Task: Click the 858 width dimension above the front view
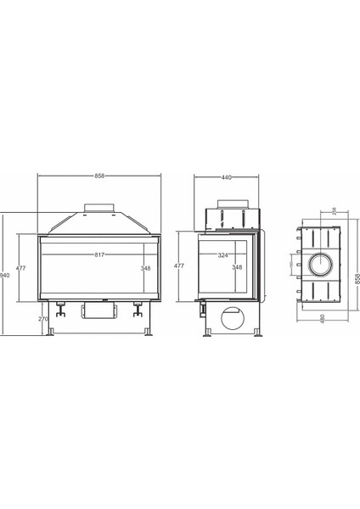tap(99, 176)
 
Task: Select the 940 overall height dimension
tap(5, 276)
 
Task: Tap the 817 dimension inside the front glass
tap(99, 255)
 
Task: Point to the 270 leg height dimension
tap(42, 319)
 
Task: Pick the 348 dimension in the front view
tap(145, 268)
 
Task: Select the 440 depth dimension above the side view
tap(226, 177)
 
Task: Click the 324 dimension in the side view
tap(222, 255)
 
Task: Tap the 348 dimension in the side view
tap(237, 268)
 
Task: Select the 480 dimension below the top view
tap(323, 318)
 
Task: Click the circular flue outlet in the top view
tap(321, 266)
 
